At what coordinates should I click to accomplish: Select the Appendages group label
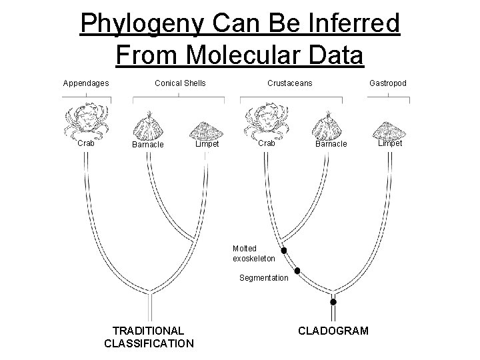pyautogui.click(x=86, y=83)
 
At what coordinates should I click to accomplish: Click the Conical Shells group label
pyautogui.click(x=180, y=83)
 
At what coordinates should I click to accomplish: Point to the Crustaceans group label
pyautogui.click(x=289, y=83)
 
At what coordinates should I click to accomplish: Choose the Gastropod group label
pyautogui.click(x=388, y=83)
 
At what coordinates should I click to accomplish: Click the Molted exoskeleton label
pyautogui.click(x=253, y=253)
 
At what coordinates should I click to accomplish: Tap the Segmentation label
pyautogui.click(x=264, y=277)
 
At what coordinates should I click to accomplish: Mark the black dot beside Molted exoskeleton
pyautogui.click(x=284, y=251)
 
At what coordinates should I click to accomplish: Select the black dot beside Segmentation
pyautogui.click(x=297, y=271)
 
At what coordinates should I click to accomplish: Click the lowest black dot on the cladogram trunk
pyautogui.click(x=333, y=302)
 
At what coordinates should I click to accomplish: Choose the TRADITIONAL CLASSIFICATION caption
pyautogui.click(x=149, y=337)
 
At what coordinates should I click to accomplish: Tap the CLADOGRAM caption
pyautogui.click(x=333, y=331)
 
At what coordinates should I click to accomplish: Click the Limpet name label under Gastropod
pyautogui.click(x=390, y=143)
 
